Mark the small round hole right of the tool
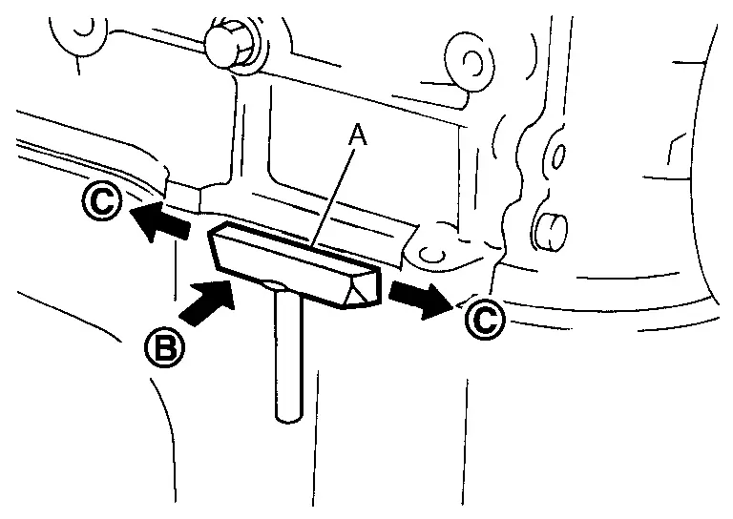(431, 253)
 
